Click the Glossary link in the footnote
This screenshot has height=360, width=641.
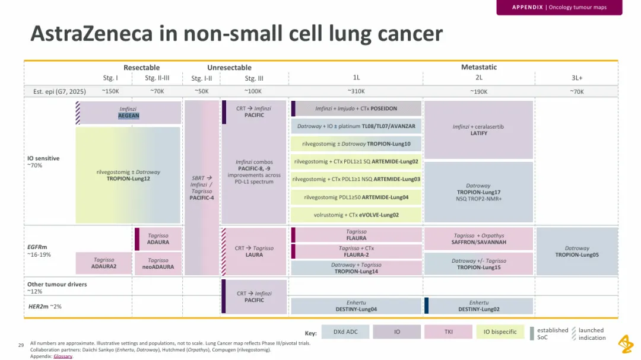pos(62,356)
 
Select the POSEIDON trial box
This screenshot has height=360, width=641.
pos(356,109)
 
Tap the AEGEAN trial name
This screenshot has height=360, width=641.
pos(128,116)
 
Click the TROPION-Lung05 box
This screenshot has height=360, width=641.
pos(577,251)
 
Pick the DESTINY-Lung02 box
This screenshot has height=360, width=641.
pos(479,306)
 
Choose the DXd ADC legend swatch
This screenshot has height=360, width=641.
pos(345,332)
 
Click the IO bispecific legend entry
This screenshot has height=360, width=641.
pos(500,332)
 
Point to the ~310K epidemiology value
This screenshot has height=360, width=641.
pos(356,91)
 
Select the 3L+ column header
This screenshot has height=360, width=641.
pos(577,78)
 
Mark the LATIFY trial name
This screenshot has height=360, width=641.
pos(479,133)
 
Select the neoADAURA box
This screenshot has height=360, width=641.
pos(158,263)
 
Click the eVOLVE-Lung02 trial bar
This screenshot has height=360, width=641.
pos(356,215)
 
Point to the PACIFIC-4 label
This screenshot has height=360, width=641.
pos(202,197)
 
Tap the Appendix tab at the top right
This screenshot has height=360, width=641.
pos(559,7)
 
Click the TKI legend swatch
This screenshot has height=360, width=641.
pos(449,332)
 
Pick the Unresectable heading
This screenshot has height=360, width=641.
pos(229,68)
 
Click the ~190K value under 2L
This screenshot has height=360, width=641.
pos(479,91)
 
